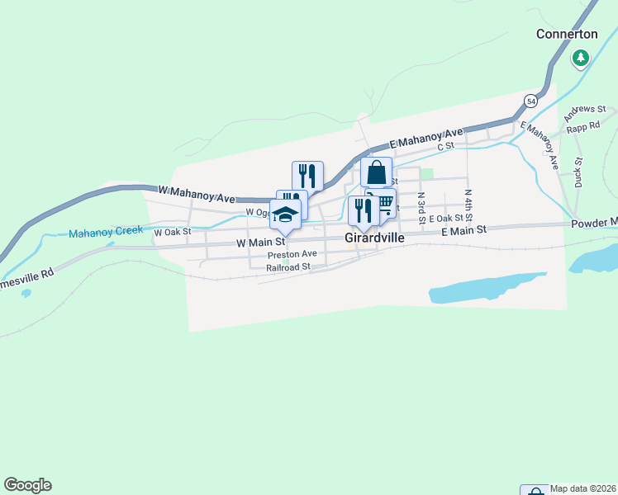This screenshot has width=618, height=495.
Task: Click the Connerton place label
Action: point(567,34)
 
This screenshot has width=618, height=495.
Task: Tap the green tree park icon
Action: point(581,58)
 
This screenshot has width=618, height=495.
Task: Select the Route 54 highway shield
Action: point(530,101)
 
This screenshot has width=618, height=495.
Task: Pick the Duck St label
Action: point(578,171)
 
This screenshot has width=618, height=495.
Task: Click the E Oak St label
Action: point(446,218)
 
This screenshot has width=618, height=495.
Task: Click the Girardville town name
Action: point(374,237)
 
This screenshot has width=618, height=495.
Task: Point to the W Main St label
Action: point(260,243)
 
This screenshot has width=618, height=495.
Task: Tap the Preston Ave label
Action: point(292,255)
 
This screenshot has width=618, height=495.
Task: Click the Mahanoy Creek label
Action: point(106,231)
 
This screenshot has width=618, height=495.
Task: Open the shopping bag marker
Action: point(376,173)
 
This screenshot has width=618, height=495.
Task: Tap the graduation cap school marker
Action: point(285,214)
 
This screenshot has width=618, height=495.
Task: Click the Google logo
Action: point(27,485)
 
